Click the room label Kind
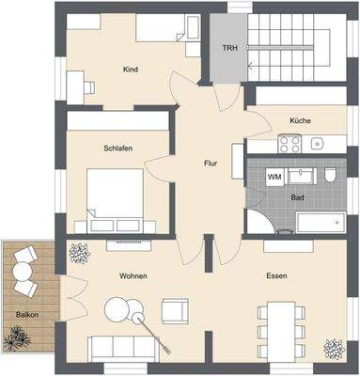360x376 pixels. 131,70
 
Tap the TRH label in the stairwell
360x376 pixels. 229,48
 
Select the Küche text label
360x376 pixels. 301,121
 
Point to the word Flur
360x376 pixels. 211,164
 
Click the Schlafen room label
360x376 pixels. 117,149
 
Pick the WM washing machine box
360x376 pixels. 274,177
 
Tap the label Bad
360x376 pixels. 297,198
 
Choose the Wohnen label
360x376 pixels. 132,275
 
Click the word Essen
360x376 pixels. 276,275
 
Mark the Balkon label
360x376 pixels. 26,314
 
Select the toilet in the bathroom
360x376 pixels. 331,177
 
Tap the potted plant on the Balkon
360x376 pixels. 16,335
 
